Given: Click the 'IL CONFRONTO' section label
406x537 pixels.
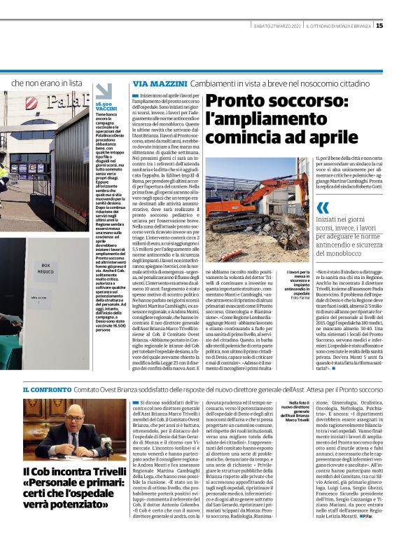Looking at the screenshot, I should (x=45, y=388).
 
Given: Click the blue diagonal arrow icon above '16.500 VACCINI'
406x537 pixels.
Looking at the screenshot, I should (x=103, y=92).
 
